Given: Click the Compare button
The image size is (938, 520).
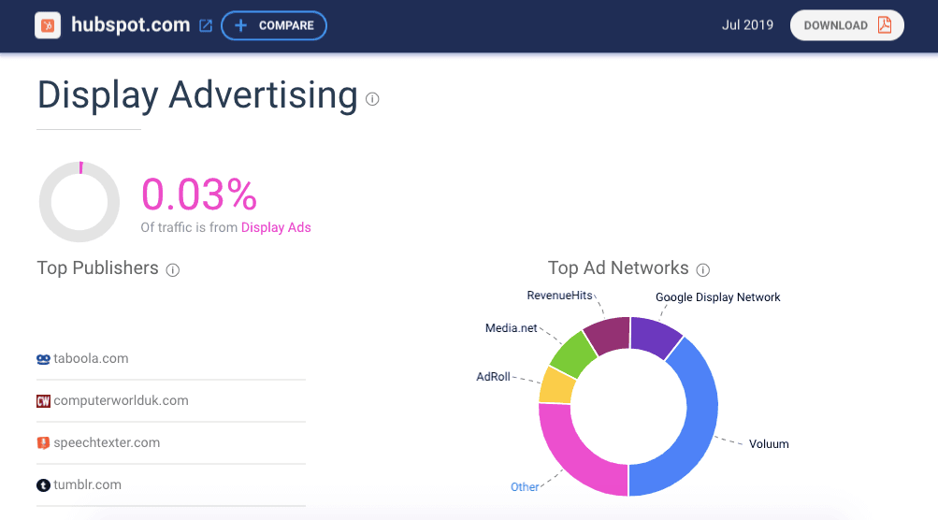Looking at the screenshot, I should pos(274,25).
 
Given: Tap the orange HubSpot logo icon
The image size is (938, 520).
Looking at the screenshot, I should pos(48,25).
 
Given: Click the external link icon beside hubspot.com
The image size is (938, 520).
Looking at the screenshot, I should pos(206,26).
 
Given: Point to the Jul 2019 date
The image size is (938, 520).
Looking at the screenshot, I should pos(747,25).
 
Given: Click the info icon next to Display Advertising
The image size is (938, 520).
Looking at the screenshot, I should pos(372,98).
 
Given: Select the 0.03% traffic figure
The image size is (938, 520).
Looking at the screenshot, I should pos(198,195).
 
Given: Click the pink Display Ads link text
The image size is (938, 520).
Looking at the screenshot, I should pos(276,227).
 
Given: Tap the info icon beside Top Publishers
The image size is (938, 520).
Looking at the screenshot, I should pos(172,269).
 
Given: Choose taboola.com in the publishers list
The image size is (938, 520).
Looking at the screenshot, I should pos(91,358).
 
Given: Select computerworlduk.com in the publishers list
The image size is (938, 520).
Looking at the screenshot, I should pos(121,400).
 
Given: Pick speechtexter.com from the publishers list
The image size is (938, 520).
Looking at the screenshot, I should pos(107,442).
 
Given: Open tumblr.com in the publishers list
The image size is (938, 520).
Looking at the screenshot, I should pos(87,484).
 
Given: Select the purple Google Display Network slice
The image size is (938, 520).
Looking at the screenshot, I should pos(655,337).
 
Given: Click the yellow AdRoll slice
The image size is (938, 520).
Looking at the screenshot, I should pos(556,385).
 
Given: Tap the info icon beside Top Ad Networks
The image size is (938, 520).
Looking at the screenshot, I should pos(703,269).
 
